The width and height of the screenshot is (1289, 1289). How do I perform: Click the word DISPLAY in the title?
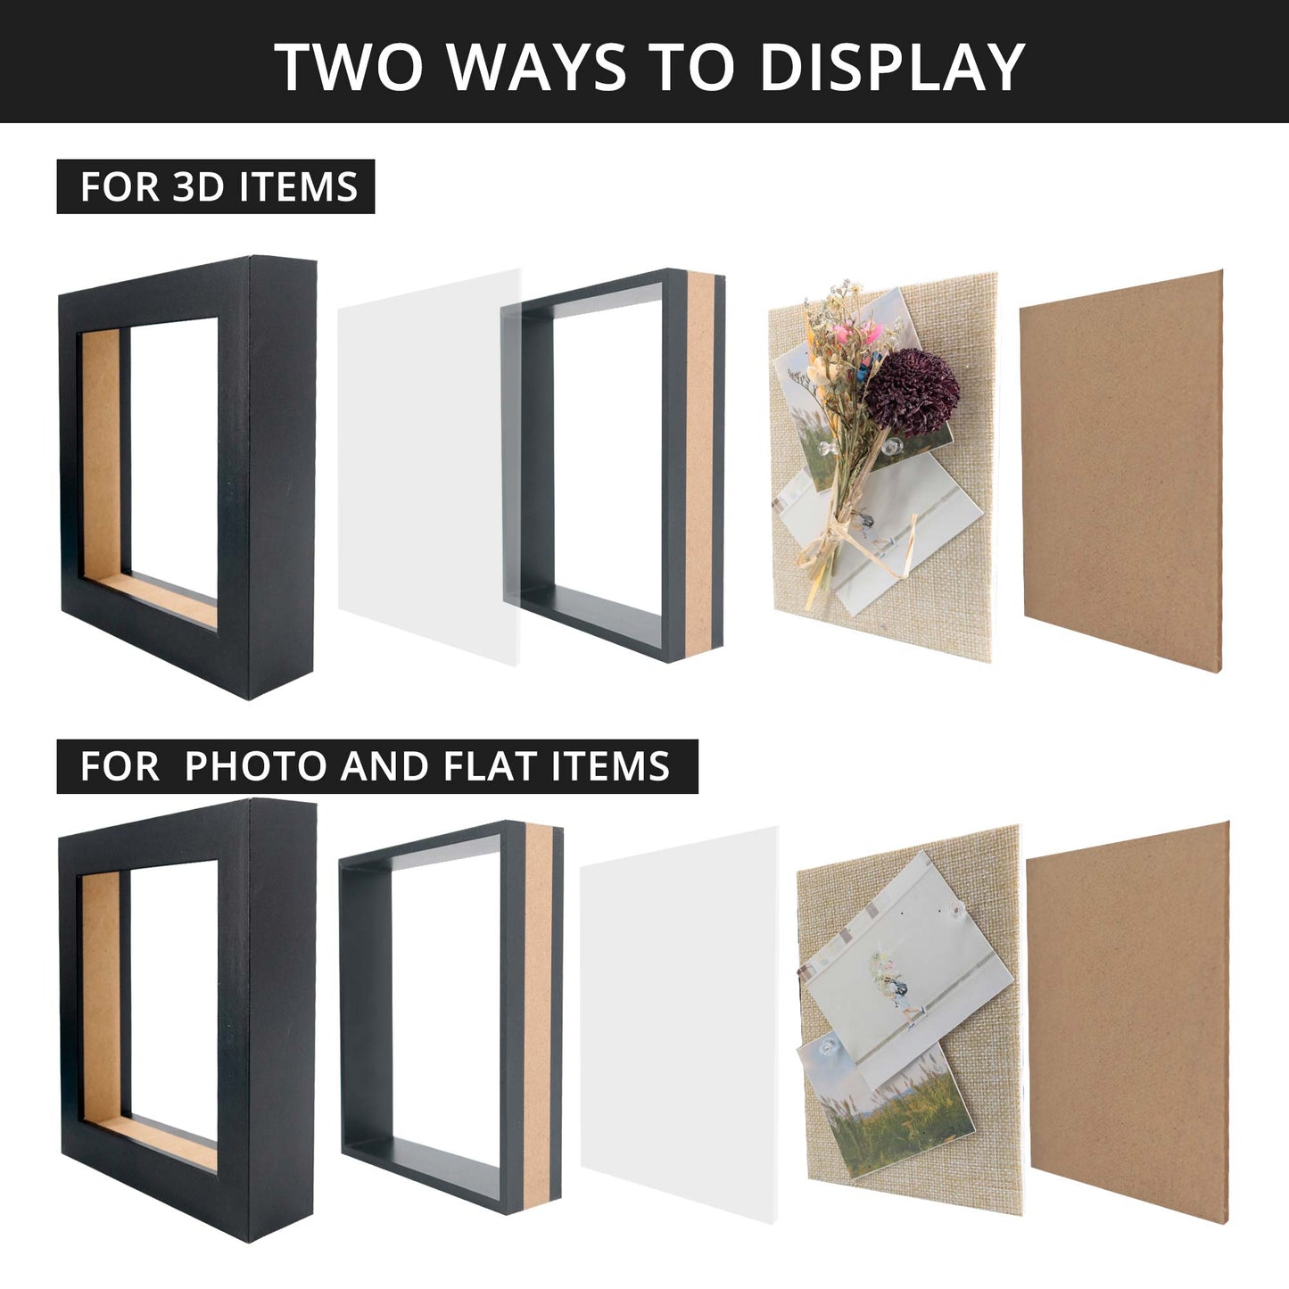(x=892, y=67)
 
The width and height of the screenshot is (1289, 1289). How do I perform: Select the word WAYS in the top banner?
(x=536, y=67)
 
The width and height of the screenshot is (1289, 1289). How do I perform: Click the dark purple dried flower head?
(x=913, y=392)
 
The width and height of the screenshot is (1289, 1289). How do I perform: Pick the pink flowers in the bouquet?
(x=857, y=332)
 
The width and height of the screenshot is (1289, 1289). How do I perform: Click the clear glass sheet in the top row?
(x=429, y=467)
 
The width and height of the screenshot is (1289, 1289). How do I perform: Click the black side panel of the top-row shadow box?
(x=282, y=477)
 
